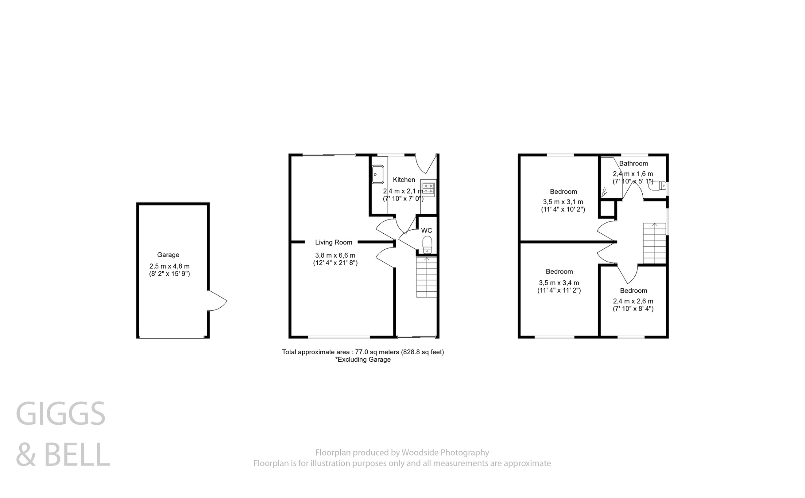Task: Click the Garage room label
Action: [x=168, y=254]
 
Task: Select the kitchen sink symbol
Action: [x=378, y=174]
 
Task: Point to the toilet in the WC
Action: [x=427, y=245]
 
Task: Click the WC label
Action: [x=426, y=231]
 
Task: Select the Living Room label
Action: [x=333, y=242]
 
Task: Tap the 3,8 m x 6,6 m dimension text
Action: [x=335, y=255]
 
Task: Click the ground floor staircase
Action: [x=426, y=277]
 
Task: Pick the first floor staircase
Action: [x=654, y=244]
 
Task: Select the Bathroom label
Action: [x=633, y=163]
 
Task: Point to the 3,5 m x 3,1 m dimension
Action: [x=563, y=202]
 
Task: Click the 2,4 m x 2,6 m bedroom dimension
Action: [x=633, y=301]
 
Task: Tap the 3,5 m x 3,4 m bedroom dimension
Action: [x=559, y=283]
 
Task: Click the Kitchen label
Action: [x=404, y=179]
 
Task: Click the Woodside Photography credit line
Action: [x=402, y=452]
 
